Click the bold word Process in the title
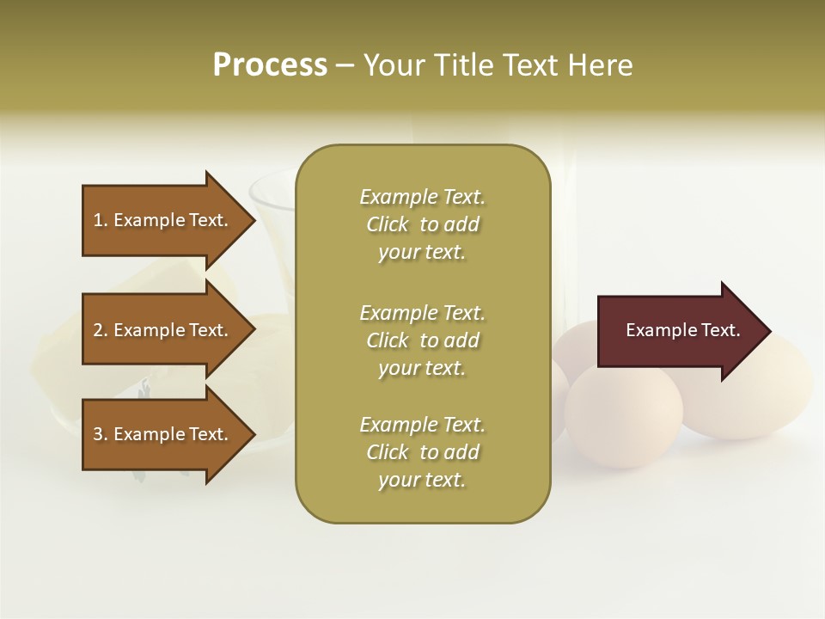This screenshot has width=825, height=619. coord(270,65)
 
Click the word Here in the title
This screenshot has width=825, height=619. coord(598,65)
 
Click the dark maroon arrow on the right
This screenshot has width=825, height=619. coord(679,331)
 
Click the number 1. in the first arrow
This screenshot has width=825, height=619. coord(101,220)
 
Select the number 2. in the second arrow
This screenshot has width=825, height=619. coord(101,330)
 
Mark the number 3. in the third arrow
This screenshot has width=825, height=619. coord(101,434)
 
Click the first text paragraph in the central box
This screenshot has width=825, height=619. coord(422,224)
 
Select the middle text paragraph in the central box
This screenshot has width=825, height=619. coord(422,340)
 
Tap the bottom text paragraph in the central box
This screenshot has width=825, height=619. coord(422,452)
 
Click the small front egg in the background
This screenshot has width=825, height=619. coord(623,417)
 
